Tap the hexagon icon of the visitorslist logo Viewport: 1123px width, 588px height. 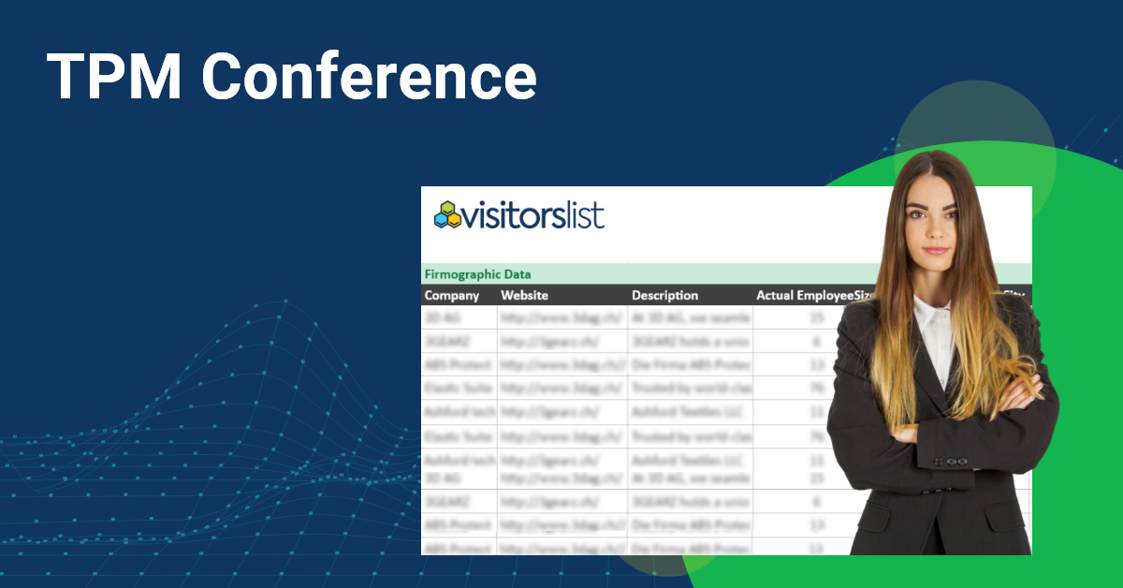tap(448, 215)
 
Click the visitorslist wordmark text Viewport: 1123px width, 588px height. tap(533, 215)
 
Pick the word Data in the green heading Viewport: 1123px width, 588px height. tap(516, 274)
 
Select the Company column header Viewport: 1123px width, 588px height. tap(452, 296)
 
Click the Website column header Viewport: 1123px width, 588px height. tap(524, 296)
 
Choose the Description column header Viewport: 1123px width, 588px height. tap(664, 296)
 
